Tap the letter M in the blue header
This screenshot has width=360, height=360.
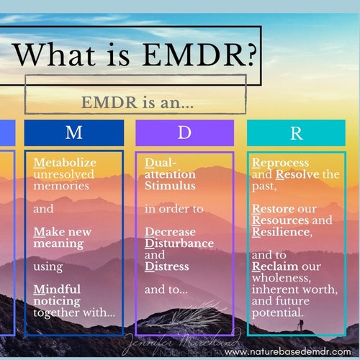[x=73, y=132]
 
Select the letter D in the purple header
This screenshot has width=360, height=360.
[x=185, y=132]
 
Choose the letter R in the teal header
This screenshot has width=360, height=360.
[x=296, y=132]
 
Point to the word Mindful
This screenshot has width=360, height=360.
[x=57, y=289]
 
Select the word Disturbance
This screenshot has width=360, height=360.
[x=179, y=243]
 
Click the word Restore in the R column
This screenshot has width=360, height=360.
[x=274, y=209]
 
